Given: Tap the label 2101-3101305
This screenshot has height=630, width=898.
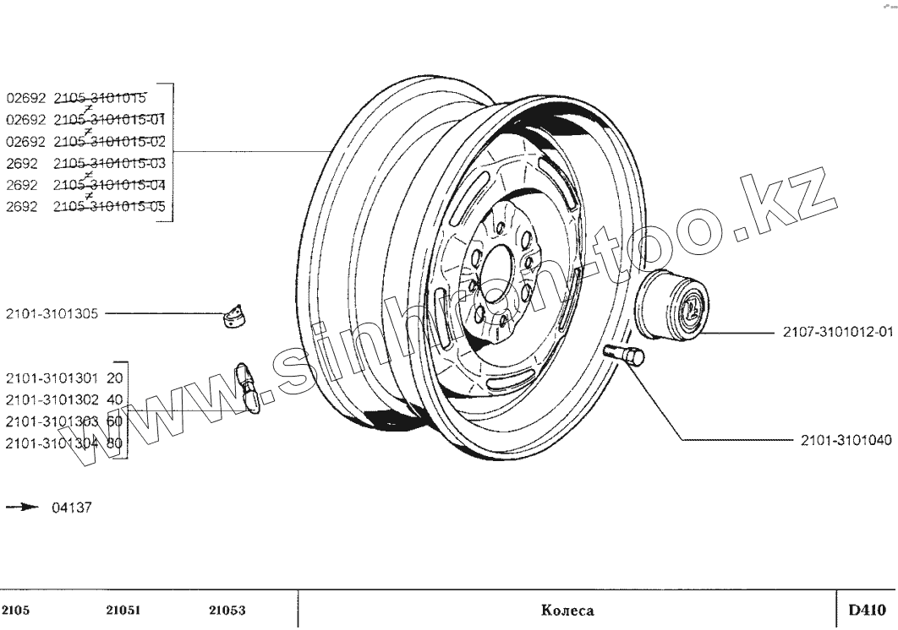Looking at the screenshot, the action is [52, 313].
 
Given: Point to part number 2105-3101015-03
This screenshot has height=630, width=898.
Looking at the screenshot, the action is [109, 162].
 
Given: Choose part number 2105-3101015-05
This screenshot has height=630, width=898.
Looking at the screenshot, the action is [109, 206].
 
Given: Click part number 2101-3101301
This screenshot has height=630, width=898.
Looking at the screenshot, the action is [52, 377].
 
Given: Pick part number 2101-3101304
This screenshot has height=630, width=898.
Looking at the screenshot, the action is [52, 442].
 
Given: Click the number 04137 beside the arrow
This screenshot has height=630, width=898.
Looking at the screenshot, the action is [72, 508].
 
